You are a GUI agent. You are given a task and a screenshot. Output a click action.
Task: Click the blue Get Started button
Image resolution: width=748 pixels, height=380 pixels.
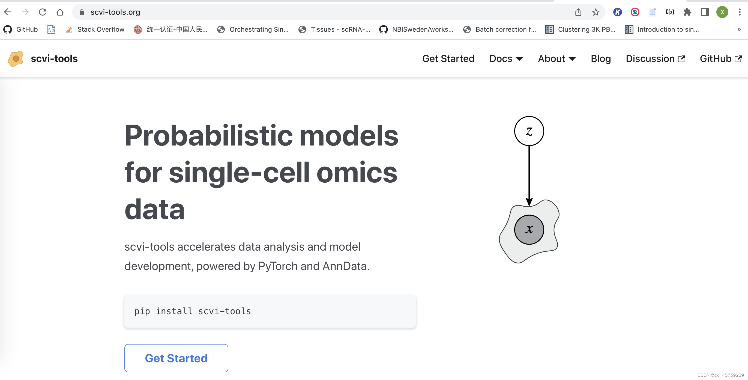[x=176, y=358]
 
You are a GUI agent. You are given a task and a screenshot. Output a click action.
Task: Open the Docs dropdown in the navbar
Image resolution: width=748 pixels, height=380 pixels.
[x=506, y=59]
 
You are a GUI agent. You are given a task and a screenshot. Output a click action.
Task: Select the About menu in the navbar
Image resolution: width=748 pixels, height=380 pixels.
[x=556, y=59]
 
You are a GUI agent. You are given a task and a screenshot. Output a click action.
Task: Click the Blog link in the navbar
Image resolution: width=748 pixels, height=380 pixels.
[x=600, y=59]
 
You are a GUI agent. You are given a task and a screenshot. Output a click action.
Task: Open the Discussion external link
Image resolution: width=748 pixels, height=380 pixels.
[x=655, y=59]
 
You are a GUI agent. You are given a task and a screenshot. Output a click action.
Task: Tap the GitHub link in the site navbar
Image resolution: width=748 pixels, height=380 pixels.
[x=721, y=59]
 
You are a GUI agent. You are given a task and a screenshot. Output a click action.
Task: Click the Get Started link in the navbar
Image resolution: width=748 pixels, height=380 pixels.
[x=448, y=59]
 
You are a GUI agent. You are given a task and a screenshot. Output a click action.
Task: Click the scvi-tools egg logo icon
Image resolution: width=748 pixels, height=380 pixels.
[x=16, y=59]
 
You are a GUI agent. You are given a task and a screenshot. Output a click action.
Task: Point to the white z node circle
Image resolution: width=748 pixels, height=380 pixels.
[x=529, y=131]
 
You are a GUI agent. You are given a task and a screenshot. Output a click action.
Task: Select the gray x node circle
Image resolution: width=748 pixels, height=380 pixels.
[x=529, y=230]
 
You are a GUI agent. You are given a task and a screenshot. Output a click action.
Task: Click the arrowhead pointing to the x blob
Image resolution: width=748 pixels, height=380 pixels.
[x=529, y=202]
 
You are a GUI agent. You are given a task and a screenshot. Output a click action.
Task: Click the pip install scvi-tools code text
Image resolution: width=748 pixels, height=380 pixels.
[x=192, y=311]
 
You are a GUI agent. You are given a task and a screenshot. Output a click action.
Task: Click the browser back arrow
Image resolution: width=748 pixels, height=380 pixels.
[x=8, y=12]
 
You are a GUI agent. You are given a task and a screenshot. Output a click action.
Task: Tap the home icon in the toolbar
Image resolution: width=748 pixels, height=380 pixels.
[x=60, y=12]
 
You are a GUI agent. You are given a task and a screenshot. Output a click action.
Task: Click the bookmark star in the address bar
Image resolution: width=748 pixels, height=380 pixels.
[x=596, y=12]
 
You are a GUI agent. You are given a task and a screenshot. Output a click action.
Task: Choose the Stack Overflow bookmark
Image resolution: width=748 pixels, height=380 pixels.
[x=95, y=29]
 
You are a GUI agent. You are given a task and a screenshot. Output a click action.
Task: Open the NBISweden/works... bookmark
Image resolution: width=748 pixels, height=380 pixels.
[x=416, y=29]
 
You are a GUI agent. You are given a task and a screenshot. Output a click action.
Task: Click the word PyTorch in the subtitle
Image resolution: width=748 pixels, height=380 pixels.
[x=278, y=266]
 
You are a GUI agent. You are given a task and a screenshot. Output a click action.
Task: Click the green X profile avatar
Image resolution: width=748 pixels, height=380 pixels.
[x=722, y=12]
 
